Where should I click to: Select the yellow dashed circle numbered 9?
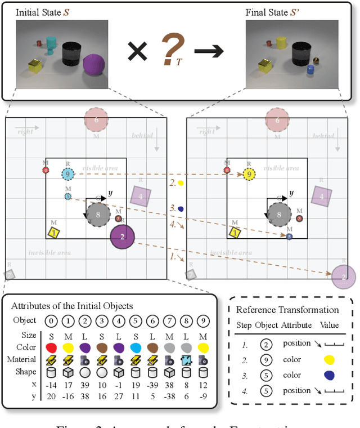[x=248, y=175]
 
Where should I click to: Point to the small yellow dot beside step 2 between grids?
[x=181, y=183]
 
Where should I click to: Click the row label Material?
[x=25, y=359]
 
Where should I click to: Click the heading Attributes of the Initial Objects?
[x=72, y=306]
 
